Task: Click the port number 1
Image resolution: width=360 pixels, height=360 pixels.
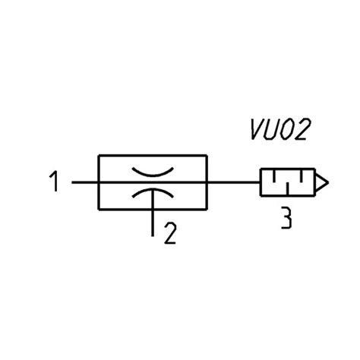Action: (x=54, y=182)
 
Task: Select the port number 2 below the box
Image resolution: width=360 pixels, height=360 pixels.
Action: (x=170, y=233)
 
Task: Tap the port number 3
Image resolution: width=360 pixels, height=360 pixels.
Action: (x=286, y=218)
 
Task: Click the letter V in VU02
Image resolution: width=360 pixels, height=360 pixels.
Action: (x=257, y=129)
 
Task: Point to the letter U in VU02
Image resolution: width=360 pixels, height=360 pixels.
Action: (x=272, y=129)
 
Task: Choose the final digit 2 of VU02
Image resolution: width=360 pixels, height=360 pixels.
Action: (x=302, y=129)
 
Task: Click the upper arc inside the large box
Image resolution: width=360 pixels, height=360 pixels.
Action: (x=153, y=172)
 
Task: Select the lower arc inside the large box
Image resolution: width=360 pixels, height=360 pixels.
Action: (x=153, y=191)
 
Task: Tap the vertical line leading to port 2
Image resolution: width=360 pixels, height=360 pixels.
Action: (x=153, y=213)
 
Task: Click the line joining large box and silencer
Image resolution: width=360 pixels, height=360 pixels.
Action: (x=234, y=182)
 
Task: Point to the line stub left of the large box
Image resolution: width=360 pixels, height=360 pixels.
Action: (x=85, y=182)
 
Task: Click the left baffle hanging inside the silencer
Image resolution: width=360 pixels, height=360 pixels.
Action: (x=273, y=176)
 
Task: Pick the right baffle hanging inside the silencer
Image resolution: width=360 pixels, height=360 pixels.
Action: (x=302, y=176)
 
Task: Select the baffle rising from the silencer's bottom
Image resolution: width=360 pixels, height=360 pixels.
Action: (x=287, y=188)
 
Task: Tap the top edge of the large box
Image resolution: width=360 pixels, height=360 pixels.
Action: (x=153, y=155)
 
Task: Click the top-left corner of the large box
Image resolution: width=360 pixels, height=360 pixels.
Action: (x=99, y=155)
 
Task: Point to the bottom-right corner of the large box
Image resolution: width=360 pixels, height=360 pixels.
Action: (x=207, y=210)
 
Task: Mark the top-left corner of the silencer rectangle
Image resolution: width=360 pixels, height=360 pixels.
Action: (x=261, y=169)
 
